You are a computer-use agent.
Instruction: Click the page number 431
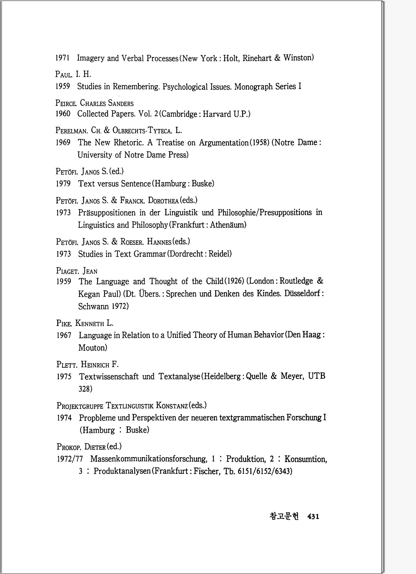[x=313, y=516]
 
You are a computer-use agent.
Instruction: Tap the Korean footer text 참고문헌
[x=284, y=516]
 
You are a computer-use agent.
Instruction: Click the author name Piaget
[x=67, y=271]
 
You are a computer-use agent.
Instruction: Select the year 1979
[x=63, y=184]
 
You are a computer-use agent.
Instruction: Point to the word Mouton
[x=93, y=348]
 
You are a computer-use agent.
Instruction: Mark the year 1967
[x=64, y=335]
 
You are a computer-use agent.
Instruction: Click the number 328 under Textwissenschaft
[x=85, y=389]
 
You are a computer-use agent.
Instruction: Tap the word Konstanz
[x=172, y=406]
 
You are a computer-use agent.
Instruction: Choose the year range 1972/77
[x=70, y=459]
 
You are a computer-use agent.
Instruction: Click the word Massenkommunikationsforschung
[x=148, y=459]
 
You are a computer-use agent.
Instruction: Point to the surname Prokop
[x=69, y=447]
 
